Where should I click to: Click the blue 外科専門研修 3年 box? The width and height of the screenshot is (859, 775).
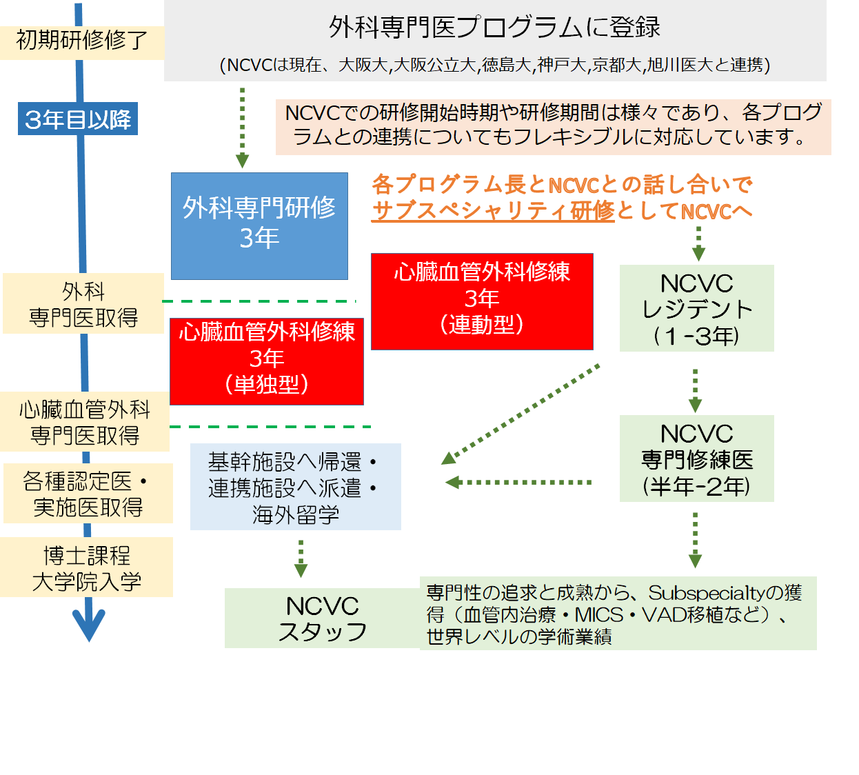(x=259, y=225)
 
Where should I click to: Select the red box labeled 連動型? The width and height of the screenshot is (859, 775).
(x=482, y=301)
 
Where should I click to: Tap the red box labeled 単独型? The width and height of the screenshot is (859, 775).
(x=266, y=361)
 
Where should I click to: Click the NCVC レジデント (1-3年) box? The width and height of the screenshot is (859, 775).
(x=696, y=308)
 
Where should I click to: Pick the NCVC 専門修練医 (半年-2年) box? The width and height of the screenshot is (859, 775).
(x=696, y=459)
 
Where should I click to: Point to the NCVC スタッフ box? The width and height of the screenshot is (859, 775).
(x=322, y=618)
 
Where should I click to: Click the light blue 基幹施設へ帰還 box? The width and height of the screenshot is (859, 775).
(x=295, y=487)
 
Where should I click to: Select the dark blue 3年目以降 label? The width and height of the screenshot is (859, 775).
(x=78, y=119)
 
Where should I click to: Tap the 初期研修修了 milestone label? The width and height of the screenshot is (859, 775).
(x=81, y=41)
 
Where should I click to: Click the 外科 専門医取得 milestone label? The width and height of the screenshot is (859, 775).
(x=83, y=303)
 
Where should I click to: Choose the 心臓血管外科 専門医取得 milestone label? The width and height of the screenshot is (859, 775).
(x=85, y=422)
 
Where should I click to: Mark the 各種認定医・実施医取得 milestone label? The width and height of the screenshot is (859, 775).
(x=88, y=494)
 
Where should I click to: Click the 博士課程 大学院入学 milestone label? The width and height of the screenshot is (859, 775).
(x=87, y=567)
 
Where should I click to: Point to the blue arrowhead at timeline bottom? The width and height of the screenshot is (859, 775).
(x=89, y=623)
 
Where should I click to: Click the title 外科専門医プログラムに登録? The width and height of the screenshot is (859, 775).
(x=494, y=27)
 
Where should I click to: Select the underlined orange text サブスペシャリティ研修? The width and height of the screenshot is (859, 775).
(x=492, y=210)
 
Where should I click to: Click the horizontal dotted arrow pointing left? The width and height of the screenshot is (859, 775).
(x=518, y=482)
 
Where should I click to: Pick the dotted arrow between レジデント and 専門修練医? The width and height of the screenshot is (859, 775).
(x=695, y=390)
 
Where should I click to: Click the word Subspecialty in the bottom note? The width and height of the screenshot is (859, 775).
(x=706, y=592)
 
